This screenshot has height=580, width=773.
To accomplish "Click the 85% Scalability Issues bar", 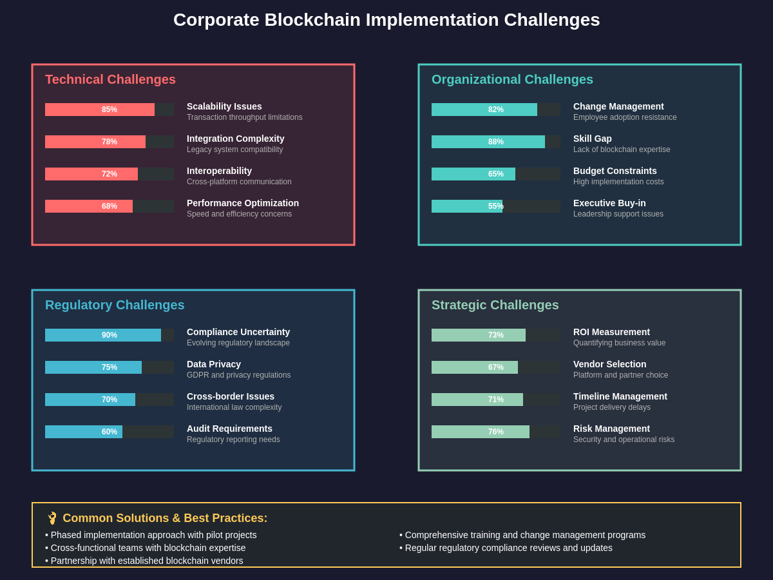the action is pyautogui.click(x=100, y=110).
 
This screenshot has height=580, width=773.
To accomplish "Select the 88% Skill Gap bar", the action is pyautogui.click(x=488, y=142).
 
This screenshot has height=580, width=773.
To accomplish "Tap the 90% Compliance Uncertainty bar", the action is pyautogui.click(x=103, y=335).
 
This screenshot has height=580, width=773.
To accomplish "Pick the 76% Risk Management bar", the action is pyautogui.click(x=481, y=432).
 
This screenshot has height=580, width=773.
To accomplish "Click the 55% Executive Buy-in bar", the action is pyautogui.click(x=467, y=206).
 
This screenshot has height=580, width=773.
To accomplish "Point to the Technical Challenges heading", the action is pyautogui.click(x=110, y=79).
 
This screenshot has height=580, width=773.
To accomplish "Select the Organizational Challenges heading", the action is pyautogui.click(x=512, y=79).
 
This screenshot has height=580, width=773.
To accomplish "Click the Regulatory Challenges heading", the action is pyautogui.click(x=115, y=305).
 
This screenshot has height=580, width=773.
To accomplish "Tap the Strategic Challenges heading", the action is pyautogui.click(x=495, y=305).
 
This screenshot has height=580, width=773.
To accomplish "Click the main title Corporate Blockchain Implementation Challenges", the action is pyautogui.click(x=386, y=20).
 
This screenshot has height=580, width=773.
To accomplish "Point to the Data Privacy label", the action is pyautogui.click(x=214, y=364).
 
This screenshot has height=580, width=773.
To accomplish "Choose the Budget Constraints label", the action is pyautogui.click(x=615, y=171).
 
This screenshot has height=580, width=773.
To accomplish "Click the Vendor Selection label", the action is pyautogui.click(x=610, y=364).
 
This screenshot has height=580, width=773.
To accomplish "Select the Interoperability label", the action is pyautogui.click(x=219, y=171).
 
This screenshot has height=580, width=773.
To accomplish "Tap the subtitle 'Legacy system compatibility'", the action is pyautogui.click(x=234, y=150).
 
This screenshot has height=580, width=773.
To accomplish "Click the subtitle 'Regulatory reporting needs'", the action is pyautogui.click(x=233, y=440).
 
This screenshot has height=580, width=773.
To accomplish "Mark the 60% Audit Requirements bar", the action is pyautogui.click(x=84, y=432).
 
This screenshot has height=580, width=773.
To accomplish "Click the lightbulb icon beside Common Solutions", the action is pyautogui.click(x=52, y=518).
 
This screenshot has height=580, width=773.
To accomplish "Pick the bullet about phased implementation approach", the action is pyautogui.click(x=151, y=535).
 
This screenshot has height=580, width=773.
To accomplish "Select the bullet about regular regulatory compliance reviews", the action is pyautogui.click(x=506, y=548).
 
